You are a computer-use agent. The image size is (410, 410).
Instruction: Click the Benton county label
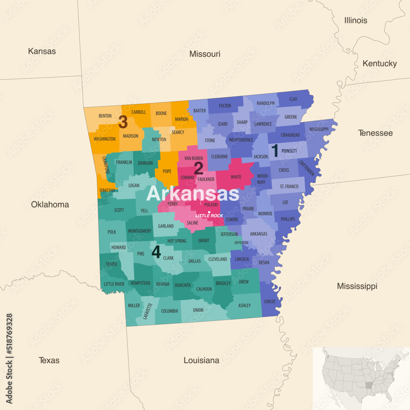[x=105, y=116]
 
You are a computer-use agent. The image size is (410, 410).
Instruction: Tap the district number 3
[x=123, y=122]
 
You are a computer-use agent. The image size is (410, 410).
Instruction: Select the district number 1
[x=275, y=151]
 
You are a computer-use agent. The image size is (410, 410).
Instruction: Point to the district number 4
[x=156, y=252]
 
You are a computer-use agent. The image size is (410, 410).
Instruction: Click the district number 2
[x=198, y=169]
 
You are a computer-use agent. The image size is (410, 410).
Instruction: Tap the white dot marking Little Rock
[x=209, y=212]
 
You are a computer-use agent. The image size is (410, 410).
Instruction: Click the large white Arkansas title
[x=193, y=194]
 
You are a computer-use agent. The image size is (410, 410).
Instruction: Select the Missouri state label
[x=205, y=54]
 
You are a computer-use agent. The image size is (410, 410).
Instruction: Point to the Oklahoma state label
[x=50, y=204]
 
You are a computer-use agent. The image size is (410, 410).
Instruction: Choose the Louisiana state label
[x=201, y=360]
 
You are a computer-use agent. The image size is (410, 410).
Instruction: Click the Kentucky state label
[x=379, y=64]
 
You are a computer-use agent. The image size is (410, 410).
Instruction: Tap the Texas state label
[x=49, y=360]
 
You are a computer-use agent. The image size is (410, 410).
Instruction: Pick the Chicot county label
[x=270, y=302]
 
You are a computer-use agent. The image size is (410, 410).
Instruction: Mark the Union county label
[x=198, y=310]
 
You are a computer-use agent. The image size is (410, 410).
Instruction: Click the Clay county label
[x=293, y=99]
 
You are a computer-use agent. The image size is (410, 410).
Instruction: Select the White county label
[x=236, y=177]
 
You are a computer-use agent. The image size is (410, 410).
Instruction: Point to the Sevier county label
[x=111, y=264]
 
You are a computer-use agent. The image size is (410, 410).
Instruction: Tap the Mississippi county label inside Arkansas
[x=319, y=129]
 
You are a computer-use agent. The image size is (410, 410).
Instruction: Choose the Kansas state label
[x=42, y=51]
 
